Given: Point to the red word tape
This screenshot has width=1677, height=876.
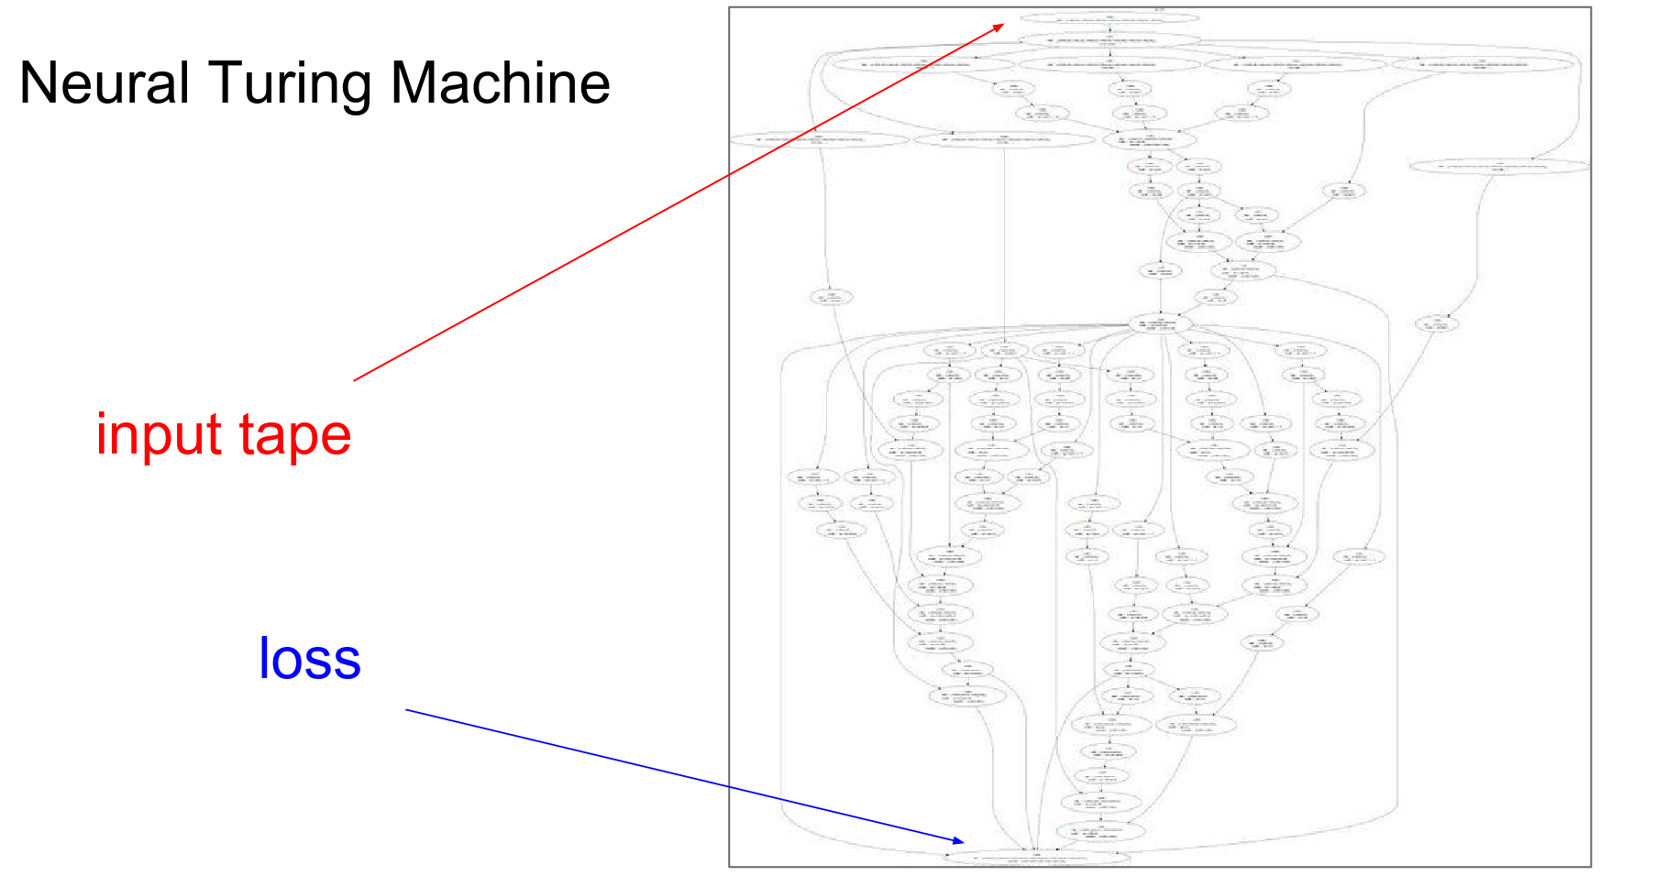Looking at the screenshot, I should (x=295, y=435).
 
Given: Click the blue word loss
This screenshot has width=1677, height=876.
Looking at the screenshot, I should (x=310, y=658).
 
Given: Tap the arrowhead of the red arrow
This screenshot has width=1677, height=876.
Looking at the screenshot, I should (x=1002, y=26).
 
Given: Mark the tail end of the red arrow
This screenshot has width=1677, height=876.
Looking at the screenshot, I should (x=355, y=380).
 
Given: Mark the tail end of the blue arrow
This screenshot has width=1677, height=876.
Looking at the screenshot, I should (x=406, y=709).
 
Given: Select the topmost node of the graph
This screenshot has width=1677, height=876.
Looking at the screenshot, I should (x=1109, y=17).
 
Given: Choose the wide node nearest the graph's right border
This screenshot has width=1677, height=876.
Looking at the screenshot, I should (x=1498, y=167).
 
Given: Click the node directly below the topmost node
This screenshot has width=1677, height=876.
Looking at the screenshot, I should (x=1109, y=40).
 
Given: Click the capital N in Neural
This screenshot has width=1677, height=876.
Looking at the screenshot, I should (x=39, y=83).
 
